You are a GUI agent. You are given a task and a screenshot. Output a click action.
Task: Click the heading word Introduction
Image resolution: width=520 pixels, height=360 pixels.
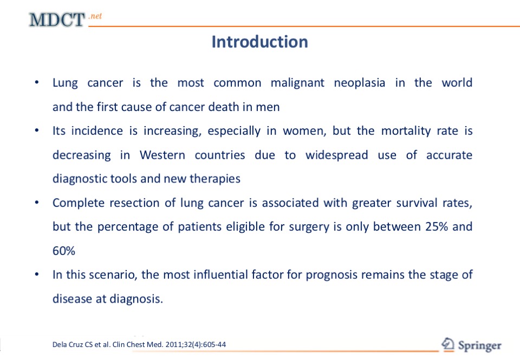[259, 42]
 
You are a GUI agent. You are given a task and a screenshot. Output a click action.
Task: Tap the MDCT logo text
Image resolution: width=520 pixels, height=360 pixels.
[57, 19]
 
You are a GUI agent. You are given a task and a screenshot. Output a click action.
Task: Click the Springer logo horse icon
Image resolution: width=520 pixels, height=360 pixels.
[448, 344]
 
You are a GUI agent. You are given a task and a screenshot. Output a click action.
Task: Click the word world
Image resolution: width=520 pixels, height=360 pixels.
[457, 82]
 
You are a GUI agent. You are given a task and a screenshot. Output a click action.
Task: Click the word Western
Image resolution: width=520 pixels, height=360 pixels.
[162, 155]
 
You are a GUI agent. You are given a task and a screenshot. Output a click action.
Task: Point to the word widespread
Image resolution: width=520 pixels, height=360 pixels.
[336, 155]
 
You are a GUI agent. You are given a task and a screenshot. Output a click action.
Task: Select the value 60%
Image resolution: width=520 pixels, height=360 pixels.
[64, 251]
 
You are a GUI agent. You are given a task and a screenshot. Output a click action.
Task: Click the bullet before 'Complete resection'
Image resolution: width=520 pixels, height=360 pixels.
[37, 202]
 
